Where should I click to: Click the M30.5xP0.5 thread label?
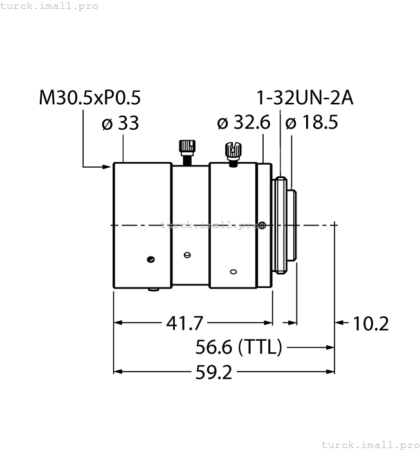(89, 98)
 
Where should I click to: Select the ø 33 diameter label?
(120, 123)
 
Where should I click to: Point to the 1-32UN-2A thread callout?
(305, 98)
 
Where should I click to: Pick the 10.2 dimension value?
(371, 323)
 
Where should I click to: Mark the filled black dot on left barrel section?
(151, 260)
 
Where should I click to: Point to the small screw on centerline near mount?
(262, 225)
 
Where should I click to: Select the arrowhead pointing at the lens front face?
(107, 167)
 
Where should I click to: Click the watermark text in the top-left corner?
(50, 6)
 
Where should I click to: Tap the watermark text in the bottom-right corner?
(370, 444)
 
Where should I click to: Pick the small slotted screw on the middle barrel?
(187, 255)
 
